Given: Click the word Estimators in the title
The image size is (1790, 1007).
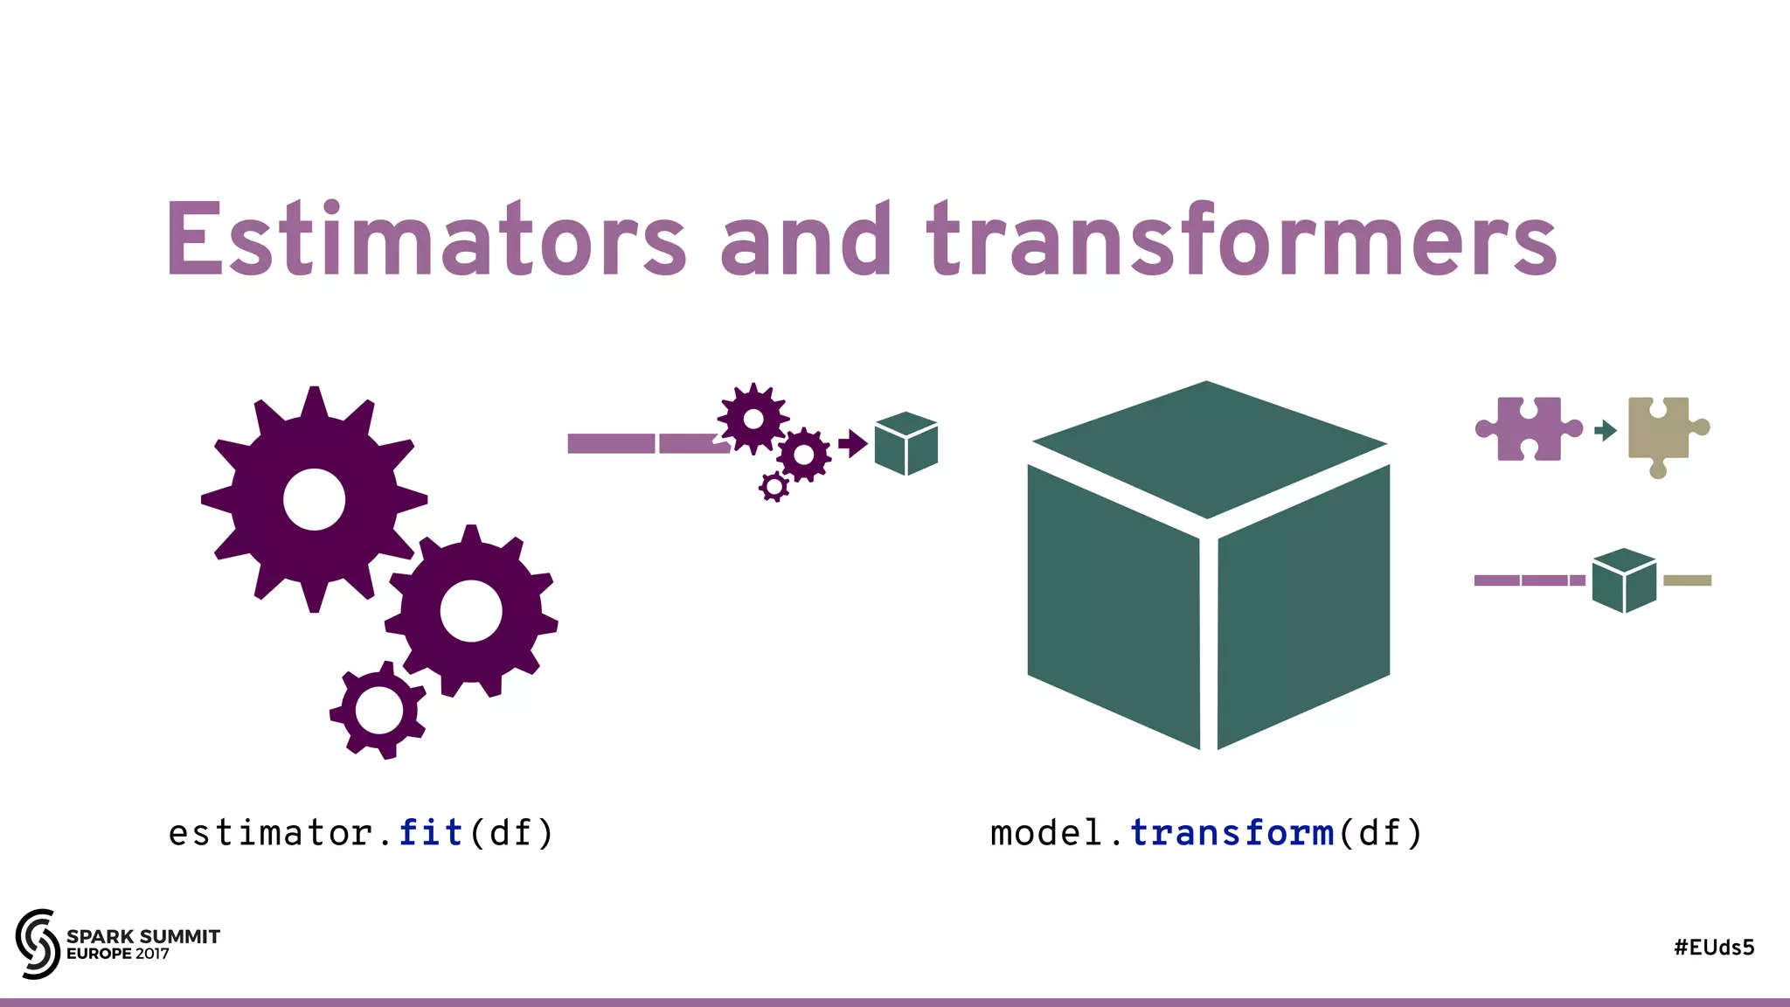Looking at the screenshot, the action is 426,239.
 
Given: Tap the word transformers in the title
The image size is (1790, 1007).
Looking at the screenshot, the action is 1242,239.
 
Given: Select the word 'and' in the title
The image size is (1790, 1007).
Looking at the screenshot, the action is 805,239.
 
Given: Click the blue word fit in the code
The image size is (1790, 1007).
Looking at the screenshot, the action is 431,833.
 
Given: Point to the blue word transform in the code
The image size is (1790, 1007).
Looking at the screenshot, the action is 1231,833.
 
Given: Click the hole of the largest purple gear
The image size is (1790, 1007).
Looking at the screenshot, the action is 314,499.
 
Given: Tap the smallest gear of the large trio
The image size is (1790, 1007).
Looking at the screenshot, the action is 378,710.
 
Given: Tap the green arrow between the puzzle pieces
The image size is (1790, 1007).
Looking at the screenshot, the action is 1606,430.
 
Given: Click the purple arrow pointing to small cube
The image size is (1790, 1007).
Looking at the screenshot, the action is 852,443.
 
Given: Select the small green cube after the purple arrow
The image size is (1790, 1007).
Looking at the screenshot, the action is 906,443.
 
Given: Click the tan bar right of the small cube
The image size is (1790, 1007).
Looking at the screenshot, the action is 1687,580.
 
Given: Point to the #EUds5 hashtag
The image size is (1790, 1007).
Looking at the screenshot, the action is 1714,948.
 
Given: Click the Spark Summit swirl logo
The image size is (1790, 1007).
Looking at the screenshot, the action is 38,943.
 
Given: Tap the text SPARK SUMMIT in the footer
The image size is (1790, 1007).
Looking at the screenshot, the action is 143,936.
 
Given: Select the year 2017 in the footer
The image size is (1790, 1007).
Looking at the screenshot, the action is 152,954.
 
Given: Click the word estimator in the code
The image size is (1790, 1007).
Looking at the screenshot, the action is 271,833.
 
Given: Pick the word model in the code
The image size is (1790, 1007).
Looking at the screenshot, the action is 1046,833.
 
